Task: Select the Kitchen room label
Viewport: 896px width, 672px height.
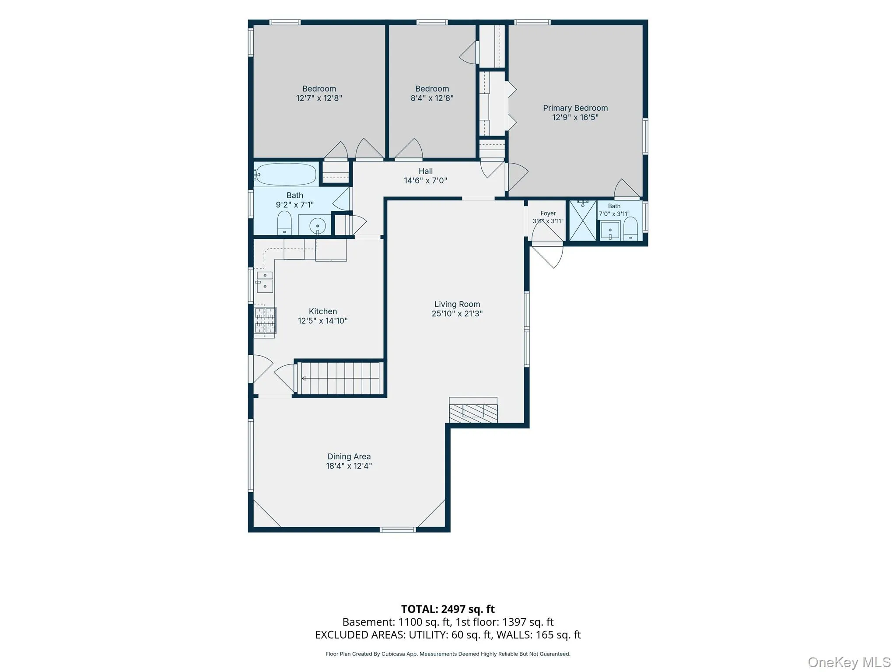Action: (323, 311)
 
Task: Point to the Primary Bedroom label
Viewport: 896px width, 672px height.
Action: (575, 108)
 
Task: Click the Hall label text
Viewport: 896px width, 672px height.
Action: (426, 171)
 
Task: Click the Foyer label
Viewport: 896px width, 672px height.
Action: (548, 213)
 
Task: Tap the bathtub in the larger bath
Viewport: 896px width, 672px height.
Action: (286, 175)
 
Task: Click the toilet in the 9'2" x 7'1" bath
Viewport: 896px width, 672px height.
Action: (284, 223)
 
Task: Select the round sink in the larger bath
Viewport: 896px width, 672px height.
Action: (317, 226)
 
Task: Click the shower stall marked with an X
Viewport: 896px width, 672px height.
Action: (583, 220)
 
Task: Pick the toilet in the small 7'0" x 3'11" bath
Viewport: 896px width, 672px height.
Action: (630, 229)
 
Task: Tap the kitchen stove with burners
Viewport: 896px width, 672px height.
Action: (265, 322)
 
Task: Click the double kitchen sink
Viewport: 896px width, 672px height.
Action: (265, 282)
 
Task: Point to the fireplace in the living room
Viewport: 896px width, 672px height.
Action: (473, 410)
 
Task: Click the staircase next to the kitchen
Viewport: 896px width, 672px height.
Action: (340, 378)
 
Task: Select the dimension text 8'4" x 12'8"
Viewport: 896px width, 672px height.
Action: (432, 98)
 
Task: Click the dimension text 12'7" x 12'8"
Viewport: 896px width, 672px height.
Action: (319, 98)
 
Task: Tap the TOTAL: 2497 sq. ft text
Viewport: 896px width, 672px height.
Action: (448, 609)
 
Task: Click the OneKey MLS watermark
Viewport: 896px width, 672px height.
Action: (849, 662)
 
